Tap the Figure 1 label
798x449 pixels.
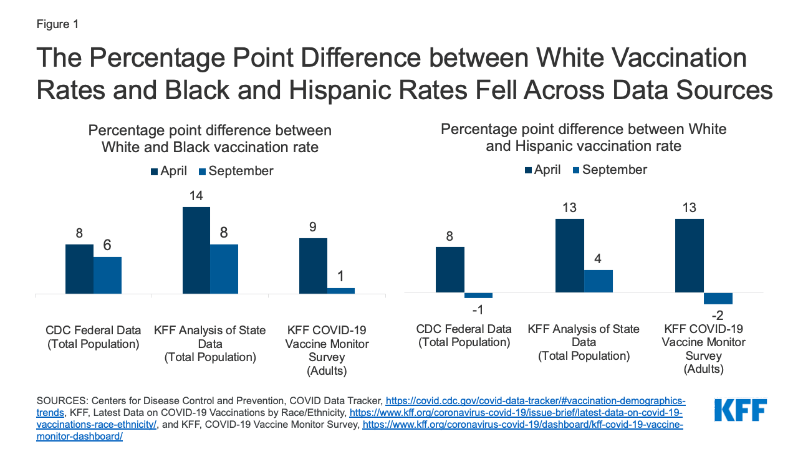(57, 24)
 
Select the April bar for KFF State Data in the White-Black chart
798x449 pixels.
(196, 250)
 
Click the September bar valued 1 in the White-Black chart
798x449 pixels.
(341, 291)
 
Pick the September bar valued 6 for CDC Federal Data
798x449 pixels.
(107, 275)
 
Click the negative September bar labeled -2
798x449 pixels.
(718, 299)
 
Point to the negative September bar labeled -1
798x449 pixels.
(478, 296)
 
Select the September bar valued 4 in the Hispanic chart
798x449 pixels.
(598, 281)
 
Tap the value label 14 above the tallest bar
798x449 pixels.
(196, 196)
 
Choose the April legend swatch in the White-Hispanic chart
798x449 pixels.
(529, 170)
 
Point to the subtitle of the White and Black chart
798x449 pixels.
(210, 138)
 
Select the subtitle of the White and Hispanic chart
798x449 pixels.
(584, 137)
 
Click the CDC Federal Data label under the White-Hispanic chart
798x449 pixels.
(464, 335)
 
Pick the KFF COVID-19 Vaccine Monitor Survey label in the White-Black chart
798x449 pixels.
(327, 350)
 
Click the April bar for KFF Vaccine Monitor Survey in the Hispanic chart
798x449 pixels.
(690, 256)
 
